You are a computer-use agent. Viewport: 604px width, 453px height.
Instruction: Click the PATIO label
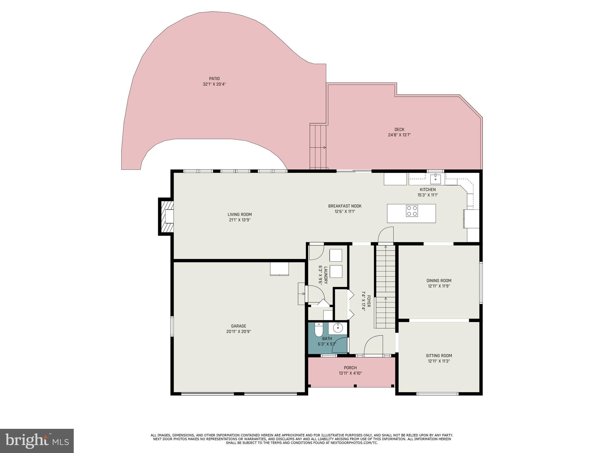[x=214, y=79]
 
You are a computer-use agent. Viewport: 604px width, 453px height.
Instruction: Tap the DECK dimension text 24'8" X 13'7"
[x=399, y=135]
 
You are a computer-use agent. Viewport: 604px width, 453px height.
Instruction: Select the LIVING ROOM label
[x=239, y=214]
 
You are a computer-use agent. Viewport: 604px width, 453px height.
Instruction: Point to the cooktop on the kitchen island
[x=412, y=211]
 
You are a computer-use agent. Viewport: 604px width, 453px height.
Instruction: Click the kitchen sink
[x=435, y=179]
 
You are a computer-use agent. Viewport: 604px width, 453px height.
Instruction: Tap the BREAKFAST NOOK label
[x=345, y=206]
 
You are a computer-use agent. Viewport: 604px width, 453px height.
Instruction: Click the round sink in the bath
[x=338, y=328]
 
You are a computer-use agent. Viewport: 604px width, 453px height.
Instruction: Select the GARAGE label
[x=239, y=326]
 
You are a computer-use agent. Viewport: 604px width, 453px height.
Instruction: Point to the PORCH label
[x=350, y=368]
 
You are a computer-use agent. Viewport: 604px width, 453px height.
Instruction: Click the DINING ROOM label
[x=439, y=281]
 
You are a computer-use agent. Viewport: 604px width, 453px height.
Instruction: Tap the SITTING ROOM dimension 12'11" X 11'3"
[x=439, y=361]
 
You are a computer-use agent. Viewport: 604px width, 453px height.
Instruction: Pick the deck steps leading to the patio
[x=318, y=147]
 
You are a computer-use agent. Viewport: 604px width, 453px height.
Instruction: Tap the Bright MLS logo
[x=37, y=441]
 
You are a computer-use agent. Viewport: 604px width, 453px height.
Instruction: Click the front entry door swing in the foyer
[x=373, y=346]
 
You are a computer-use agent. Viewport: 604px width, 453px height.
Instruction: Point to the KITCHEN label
[x=428, y=190]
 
